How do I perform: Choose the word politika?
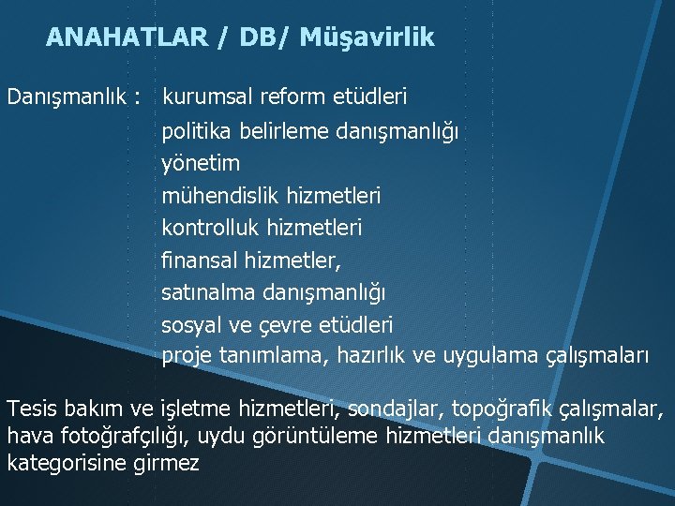tap(194, 130)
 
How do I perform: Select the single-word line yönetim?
tap(201, 163)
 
